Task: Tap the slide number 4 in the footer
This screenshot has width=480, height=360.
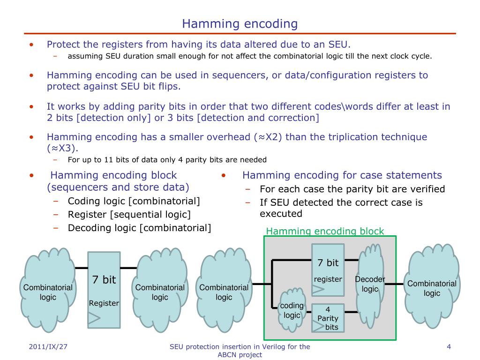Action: (449, 347)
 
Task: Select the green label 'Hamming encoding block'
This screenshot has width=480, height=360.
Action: (325, 231)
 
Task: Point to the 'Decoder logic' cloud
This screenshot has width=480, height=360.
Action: (370, 284)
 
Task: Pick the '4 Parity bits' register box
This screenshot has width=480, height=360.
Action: (328, 318)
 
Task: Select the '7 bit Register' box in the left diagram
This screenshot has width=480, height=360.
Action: (104, 289)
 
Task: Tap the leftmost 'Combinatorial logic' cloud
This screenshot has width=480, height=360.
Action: (48, 292)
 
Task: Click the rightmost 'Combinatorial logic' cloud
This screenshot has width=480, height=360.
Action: (432, 288)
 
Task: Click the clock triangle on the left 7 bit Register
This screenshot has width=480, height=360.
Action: (94, 319)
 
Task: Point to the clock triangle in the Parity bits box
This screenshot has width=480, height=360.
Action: (318, 326)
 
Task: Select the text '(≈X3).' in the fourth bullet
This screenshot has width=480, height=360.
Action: (63, 148)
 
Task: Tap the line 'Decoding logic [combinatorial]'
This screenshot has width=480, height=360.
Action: (139, 228)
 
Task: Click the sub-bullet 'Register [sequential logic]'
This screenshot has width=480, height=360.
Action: (129, 215)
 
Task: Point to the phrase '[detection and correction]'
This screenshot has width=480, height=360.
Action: (258, 118)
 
